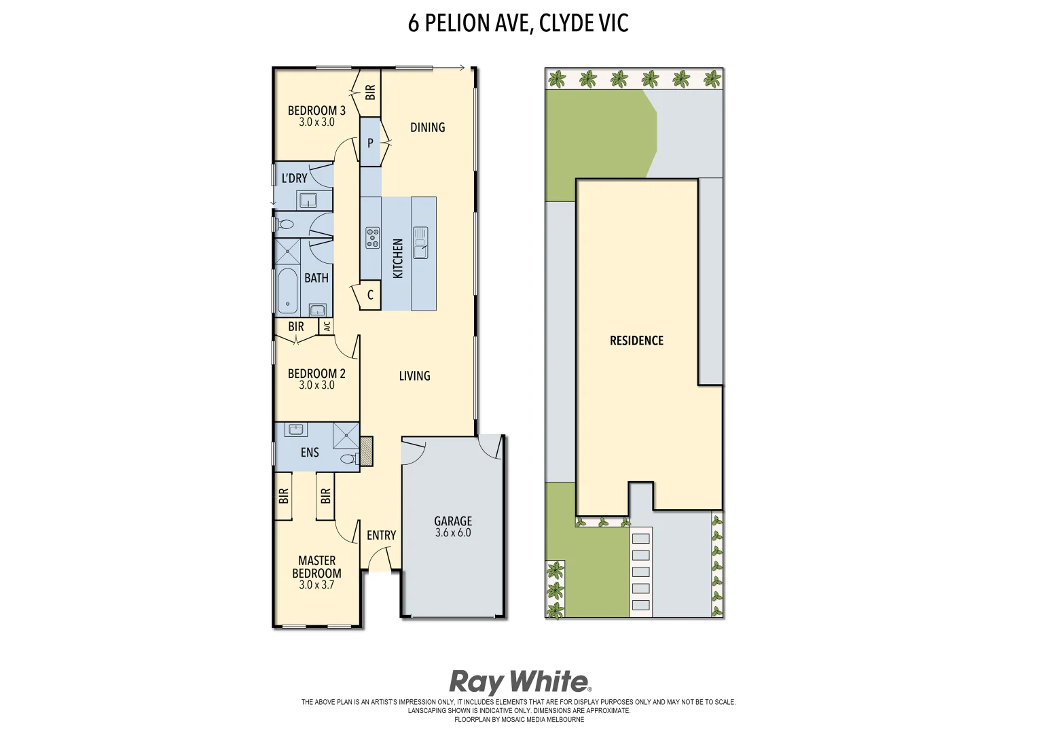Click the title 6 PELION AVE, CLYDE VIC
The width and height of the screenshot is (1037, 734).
[x=517, y=23]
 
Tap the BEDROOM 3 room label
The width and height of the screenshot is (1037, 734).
[x=316, y=110]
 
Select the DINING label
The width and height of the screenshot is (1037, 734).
[x=427, y=127]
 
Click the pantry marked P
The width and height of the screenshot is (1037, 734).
[x=370, y=143]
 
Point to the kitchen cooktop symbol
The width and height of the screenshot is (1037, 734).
[x=373, y=237]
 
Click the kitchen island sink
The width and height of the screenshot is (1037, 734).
[x=420, y=243]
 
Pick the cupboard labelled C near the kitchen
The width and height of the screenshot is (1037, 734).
[x=370, y=295]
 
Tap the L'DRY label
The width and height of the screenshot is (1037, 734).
[x=294, y=178]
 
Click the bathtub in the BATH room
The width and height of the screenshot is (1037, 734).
[x=287, y=292]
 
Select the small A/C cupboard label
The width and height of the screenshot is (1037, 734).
[x=327, y=326]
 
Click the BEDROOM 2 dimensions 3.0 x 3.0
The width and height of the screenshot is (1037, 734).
[x=316, y=385]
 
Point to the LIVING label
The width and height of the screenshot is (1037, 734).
[x=414, y=376]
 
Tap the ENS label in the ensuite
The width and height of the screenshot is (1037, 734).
[x=310, y=453]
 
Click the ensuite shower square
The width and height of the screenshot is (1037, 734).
[x=346, y=435]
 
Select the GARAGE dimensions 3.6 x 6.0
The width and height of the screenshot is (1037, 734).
[x=453, y=533]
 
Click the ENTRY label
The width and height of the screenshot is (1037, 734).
[x=381, y=536]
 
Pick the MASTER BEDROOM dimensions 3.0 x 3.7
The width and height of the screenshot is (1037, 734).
[x=316, y=584]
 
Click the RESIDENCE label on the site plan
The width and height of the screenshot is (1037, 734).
[x=636, y=340]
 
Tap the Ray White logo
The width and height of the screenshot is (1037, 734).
[x=520, y=682]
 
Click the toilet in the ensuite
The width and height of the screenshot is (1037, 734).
[x=348, y=459]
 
